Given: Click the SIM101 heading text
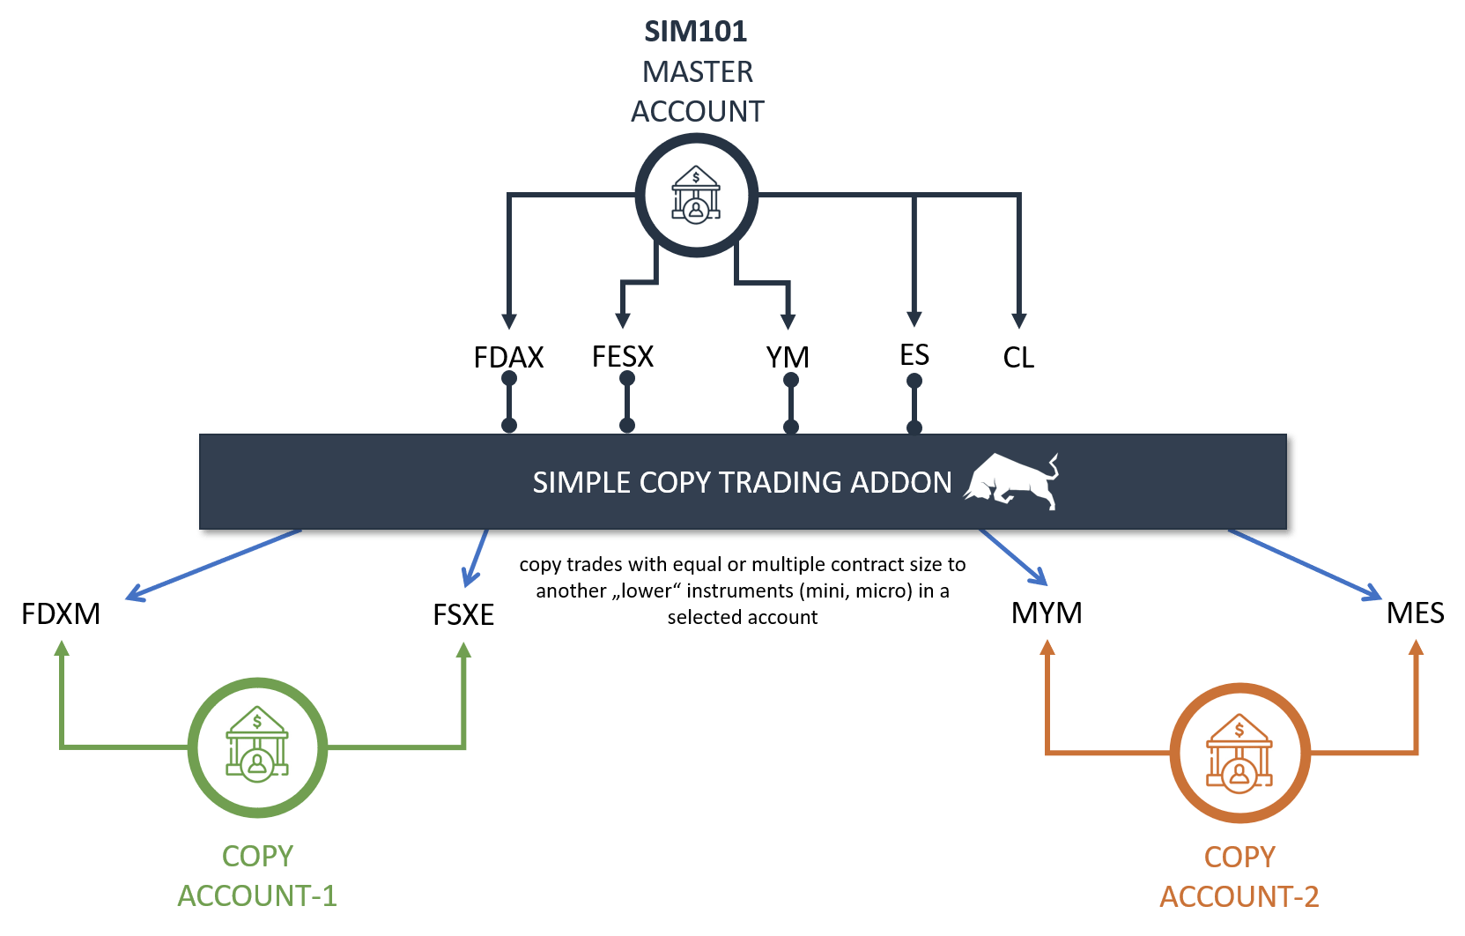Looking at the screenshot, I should [x=695, y=32].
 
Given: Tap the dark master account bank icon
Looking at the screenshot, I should [x=696, y=196].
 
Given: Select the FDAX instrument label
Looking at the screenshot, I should [x=508, y=357].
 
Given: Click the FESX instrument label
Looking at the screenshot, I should [x=623, y=356].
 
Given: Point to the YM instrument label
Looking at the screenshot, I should [x=788, y=357].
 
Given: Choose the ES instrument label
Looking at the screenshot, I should [x=914, y=354].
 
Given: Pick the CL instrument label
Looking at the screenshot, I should [x=1018, y=357].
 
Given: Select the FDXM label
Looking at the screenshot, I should [x=60, y=613].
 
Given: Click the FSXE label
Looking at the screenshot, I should [x=463, y=614].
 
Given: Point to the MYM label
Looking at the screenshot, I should [x=1047, y=613].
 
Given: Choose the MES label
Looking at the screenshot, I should [x=1415, y=613].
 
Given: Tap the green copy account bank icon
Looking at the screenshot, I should [x=257, y=747].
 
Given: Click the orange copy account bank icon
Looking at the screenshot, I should [x=1239, y=753].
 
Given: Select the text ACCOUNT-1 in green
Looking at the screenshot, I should [x=257, y=895].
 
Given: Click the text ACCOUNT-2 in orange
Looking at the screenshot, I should [x=1239, y=896].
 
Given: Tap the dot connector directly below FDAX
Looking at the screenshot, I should [x=509, y=379].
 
